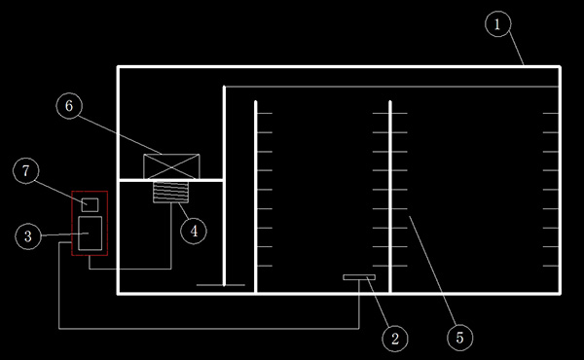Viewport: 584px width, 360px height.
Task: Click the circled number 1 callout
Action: (498, 23)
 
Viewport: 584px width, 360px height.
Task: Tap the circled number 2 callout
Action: (395, 338)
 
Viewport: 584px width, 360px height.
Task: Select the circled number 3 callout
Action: (28, 236)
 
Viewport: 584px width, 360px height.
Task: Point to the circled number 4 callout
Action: (194, 231)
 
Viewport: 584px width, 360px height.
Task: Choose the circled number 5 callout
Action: (460, 338)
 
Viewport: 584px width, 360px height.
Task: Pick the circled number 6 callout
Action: (69, 106)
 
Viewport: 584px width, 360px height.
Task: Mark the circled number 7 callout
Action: (25, 170)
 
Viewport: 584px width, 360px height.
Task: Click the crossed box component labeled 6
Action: (171, 166)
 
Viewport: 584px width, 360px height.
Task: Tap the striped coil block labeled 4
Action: (171, 192)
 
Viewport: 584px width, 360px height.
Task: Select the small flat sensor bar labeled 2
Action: (359, 277)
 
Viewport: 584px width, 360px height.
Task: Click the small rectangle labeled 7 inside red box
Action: (90, 204)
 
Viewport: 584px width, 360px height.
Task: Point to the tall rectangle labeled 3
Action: (90, 234)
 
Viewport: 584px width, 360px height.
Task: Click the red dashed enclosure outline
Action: (71, 224)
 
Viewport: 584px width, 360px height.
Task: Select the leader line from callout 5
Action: (432, 270)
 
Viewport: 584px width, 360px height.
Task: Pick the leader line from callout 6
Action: (120, 135)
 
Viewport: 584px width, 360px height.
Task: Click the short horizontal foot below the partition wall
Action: (221, 285)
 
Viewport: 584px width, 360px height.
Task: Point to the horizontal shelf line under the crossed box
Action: (171, 180)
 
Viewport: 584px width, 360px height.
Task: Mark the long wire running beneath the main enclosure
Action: (209, 329)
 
